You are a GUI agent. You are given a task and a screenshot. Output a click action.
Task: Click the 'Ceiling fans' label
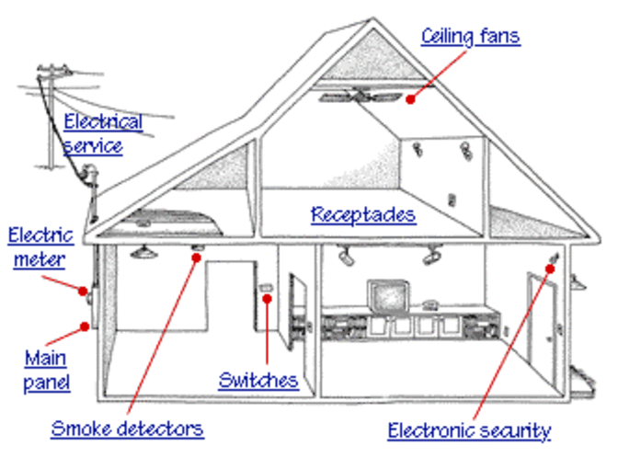point(470,37)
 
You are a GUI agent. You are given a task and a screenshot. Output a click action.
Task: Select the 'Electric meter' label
point(40,247)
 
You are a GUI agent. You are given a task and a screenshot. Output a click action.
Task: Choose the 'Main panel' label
point(46,369)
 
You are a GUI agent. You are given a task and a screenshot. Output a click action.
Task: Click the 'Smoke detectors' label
point(127,429)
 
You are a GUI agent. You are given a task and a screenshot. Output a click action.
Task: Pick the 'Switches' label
point(257,380)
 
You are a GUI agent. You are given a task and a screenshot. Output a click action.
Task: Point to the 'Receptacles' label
point(363,215)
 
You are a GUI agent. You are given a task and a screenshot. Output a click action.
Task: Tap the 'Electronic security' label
point(469,430)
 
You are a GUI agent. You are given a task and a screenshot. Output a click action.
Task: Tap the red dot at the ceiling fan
point(411,96)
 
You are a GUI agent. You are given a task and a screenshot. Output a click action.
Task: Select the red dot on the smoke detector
point(196,258)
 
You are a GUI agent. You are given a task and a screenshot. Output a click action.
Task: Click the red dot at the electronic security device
point(550,269)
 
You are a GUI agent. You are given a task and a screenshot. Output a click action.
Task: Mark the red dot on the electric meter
point(82,291)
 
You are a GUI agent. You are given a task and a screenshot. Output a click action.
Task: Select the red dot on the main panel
point(85,324)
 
